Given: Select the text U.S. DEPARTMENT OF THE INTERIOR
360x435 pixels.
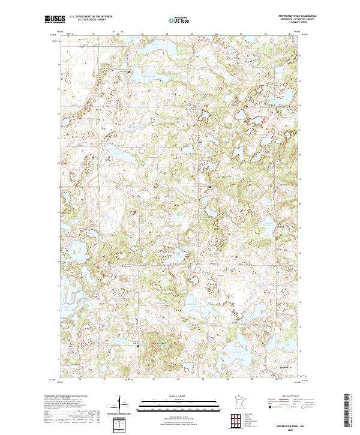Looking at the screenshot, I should click(91, 17).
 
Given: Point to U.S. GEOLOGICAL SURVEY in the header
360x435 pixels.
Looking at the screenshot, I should click(89, 20).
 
